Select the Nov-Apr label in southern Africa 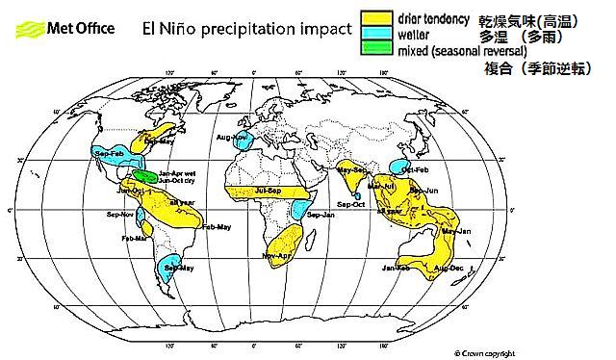(x=276, y=255)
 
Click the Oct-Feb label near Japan (x=415, y=169)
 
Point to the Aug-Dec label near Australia (x=449, y=268)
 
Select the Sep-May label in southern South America (x=178, y=268)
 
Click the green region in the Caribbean (x=145, y=176)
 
